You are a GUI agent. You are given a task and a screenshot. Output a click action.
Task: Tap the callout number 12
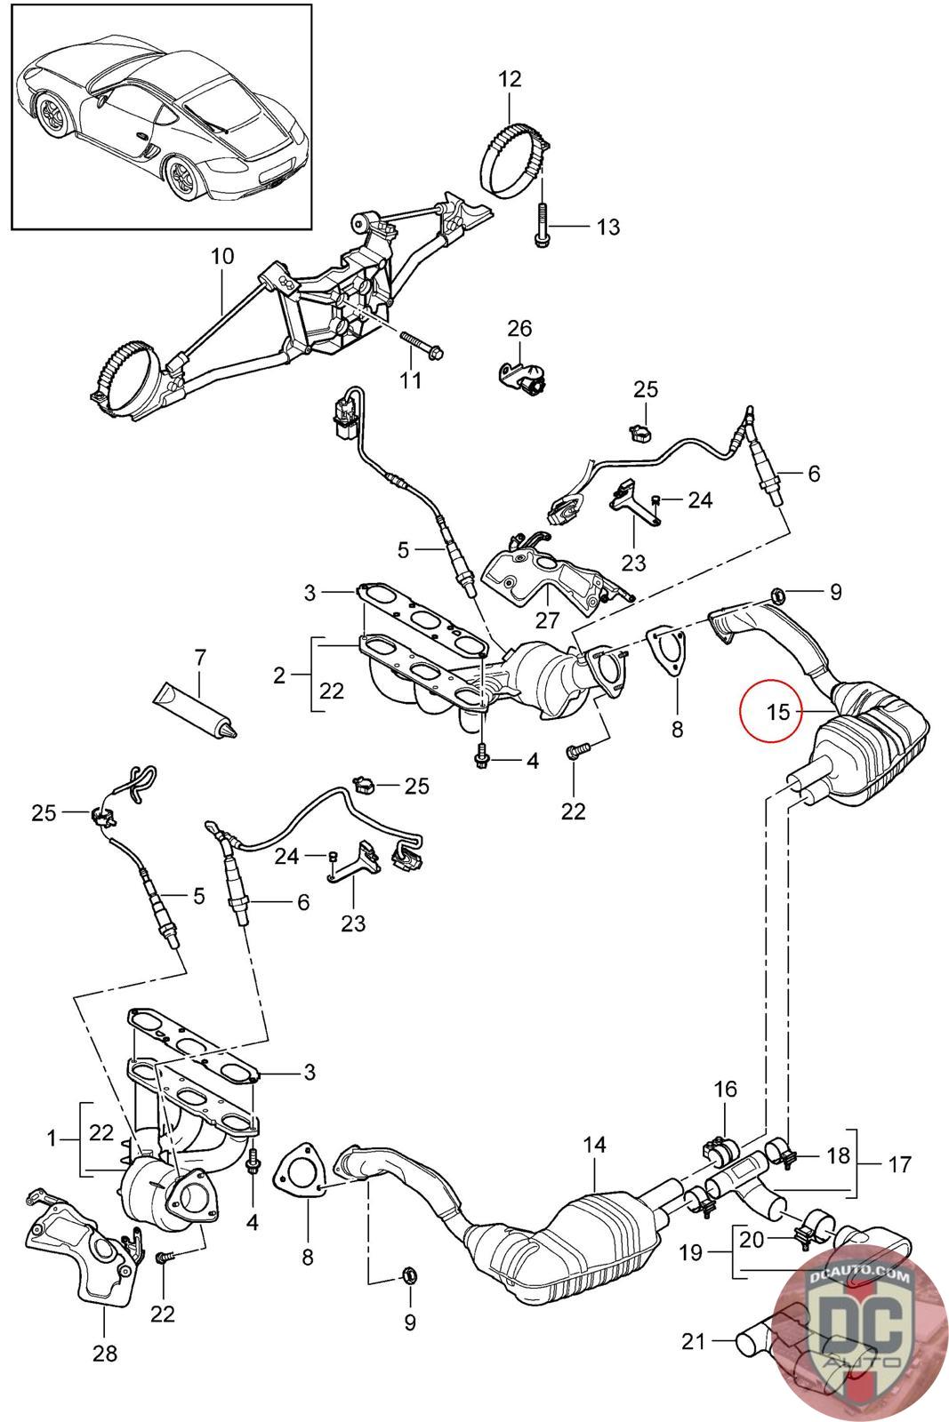510,79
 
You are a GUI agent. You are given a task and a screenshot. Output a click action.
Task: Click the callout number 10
222,258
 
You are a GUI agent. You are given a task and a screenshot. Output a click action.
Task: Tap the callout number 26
519,328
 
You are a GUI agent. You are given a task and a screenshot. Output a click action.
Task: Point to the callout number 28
105,1354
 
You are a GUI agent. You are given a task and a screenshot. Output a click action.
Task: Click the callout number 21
693,1339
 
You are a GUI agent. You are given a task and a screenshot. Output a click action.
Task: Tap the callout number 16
725,1089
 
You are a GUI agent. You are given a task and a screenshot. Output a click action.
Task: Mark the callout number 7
200,659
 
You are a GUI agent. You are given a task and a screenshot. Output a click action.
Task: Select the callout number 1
52,1137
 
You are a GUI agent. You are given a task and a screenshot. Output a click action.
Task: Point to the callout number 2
280,675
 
